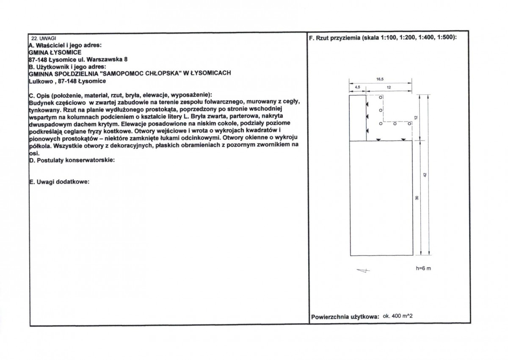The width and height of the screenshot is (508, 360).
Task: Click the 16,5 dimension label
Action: [380, 79]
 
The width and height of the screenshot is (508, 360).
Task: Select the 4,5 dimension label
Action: [357, 87]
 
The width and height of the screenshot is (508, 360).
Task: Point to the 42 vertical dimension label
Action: [425, 175]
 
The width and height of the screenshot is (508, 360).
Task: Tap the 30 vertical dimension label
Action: [417, 198]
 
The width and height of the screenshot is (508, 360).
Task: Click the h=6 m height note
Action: [423, 269]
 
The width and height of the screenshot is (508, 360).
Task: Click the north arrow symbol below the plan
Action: [363, 270]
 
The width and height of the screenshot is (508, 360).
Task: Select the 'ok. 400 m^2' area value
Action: [398, 316]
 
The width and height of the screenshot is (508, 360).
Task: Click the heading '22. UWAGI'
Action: [44, 39]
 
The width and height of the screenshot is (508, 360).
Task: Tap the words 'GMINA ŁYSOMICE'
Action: [55, 53]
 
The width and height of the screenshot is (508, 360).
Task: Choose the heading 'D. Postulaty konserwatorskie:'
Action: [72, 160]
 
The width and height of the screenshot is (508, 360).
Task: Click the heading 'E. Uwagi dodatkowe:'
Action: [59, 182]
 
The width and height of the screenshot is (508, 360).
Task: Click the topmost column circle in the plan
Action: [381, 97]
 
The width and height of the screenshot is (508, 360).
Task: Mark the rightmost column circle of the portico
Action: [409, 124]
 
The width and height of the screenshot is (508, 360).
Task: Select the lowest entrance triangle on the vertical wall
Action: [367, 131]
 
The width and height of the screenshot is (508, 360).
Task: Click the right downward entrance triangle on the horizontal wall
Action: [403, 139]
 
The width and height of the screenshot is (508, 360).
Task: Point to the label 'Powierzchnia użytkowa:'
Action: [345, 317]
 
